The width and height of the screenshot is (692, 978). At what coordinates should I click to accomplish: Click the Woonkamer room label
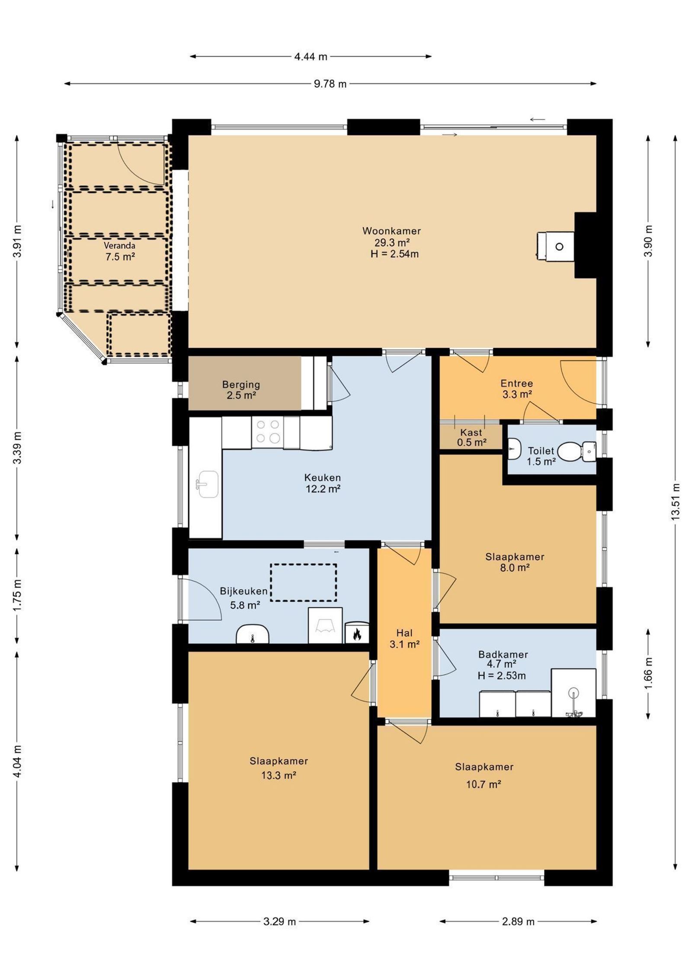pyautogui.click(x=391, y=242)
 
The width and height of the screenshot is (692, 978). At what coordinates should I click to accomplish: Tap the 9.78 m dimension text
pyautogui.click(x=330, y=84)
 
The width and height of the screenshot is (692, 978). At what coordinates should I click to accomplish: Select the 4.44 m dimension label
pyautogui.click(x=311, y=56)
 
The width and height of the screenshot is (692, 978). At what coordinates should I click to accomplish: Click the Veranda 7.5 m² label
pyautogui.click(x=119, y=251)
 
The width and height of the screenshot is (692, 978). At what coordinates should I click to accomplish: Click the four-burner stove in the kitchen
pyautogui.click(x=268, y=432)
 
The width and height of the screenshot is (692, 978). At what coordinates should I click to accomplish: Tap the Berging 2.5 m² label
pyautogui.click(x=241, y=390)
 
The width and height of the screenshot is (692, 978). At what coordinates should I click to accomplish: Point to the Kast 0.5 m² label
pyautogui.click(x=471, y=437)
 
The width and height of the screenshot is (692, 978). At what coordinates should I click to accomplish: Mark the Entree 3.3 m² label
pyautogui.click(x=516, y=388)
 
